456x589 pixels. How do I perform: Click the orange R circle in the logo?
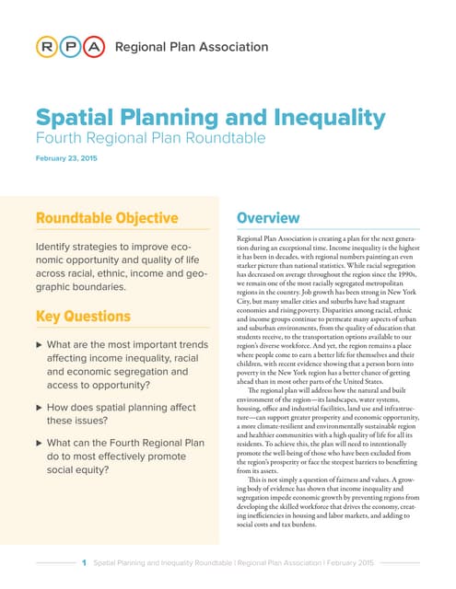(45, 46)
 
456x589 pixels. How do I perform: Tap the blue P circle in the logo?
(69, 46)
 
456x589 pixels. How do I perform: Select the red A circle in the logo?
(93, 46)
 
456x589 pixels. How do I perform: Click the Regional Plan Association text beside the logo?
(191, 46)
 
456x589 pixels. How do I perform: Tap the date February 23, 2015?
(66, 159)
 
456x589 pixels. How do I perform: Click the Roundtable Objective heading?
(106, 218)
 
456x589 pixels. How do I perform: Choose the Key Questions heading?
(83, 317)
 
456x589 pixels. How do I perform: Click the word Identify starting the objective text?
(57, 248)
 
